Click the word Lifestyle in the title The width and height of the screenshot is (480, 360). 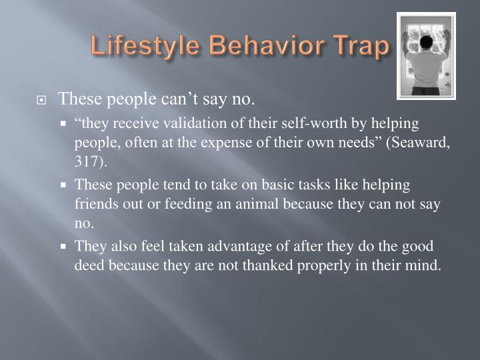click(x=135, y=46)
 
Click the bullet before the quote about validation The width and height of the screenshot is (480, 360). click(x=64, y=123)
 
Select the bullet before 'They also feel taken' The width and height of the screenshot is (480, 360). click(x=64, y=245)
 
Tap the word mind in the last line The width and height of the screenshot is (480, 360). click(x=424, y=265)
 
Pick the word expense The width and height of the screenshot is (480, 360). click(x=220, y=143)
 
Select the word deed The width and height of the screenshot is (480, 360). click(x=88, y=265)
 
